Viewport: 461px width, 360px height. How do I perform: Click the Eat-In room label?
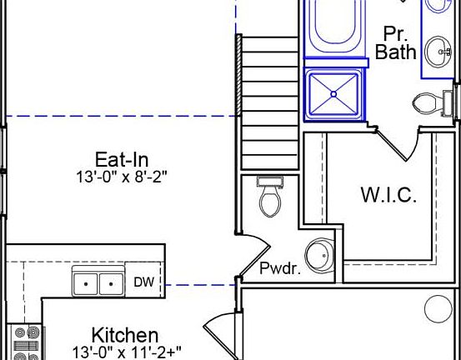[x=122, y=160]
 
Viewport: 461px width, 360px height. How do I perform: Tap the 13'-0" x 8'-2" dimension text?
[x=122, y=177]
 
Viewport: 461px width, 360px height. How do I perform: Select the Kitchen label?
[x=125, y=336]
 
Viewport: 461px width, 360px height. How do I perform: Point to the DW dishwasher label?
[x=143, y=282]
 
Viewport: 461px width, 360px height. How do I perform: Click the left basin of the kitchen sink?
[x=86, y=284]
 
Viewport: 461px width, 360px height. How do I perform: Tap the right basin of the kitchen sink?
[x=111, y=284]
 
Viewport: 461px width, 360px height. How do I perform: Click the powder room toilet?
[x=270, y=197]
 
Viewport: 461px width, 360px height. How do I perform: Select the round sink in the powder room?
[x=320, y=255]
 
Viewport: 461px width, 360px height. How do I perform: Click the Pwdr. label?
[x=280, y=268]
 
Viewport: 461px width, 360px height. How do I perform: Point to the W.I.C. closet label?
[x=388, y=196]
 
